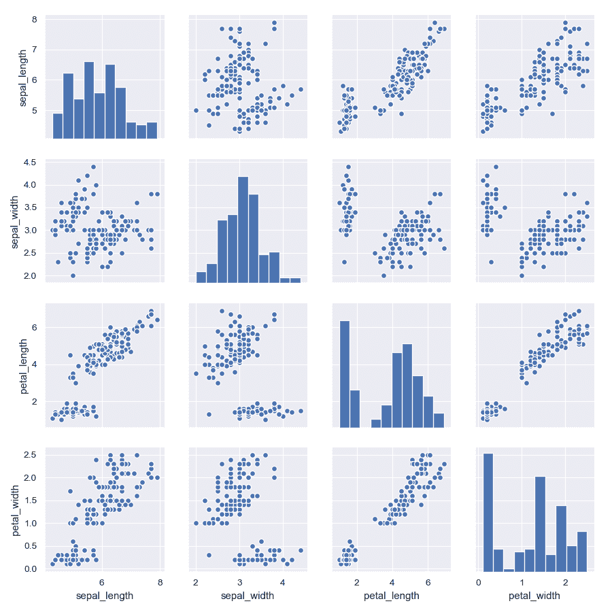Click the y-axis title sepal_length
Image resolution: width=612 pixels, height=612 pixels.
click(x=23, y=80)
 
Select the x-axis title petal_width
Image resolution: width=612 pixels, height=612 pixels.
click(x=534, y=596)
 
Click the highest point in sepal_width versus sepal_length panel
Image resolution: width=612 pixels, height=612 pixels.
click(x=93, y=167)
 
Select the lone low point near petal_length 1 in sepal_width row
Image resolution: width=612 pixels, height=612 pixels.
click(x=345, y=262)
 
